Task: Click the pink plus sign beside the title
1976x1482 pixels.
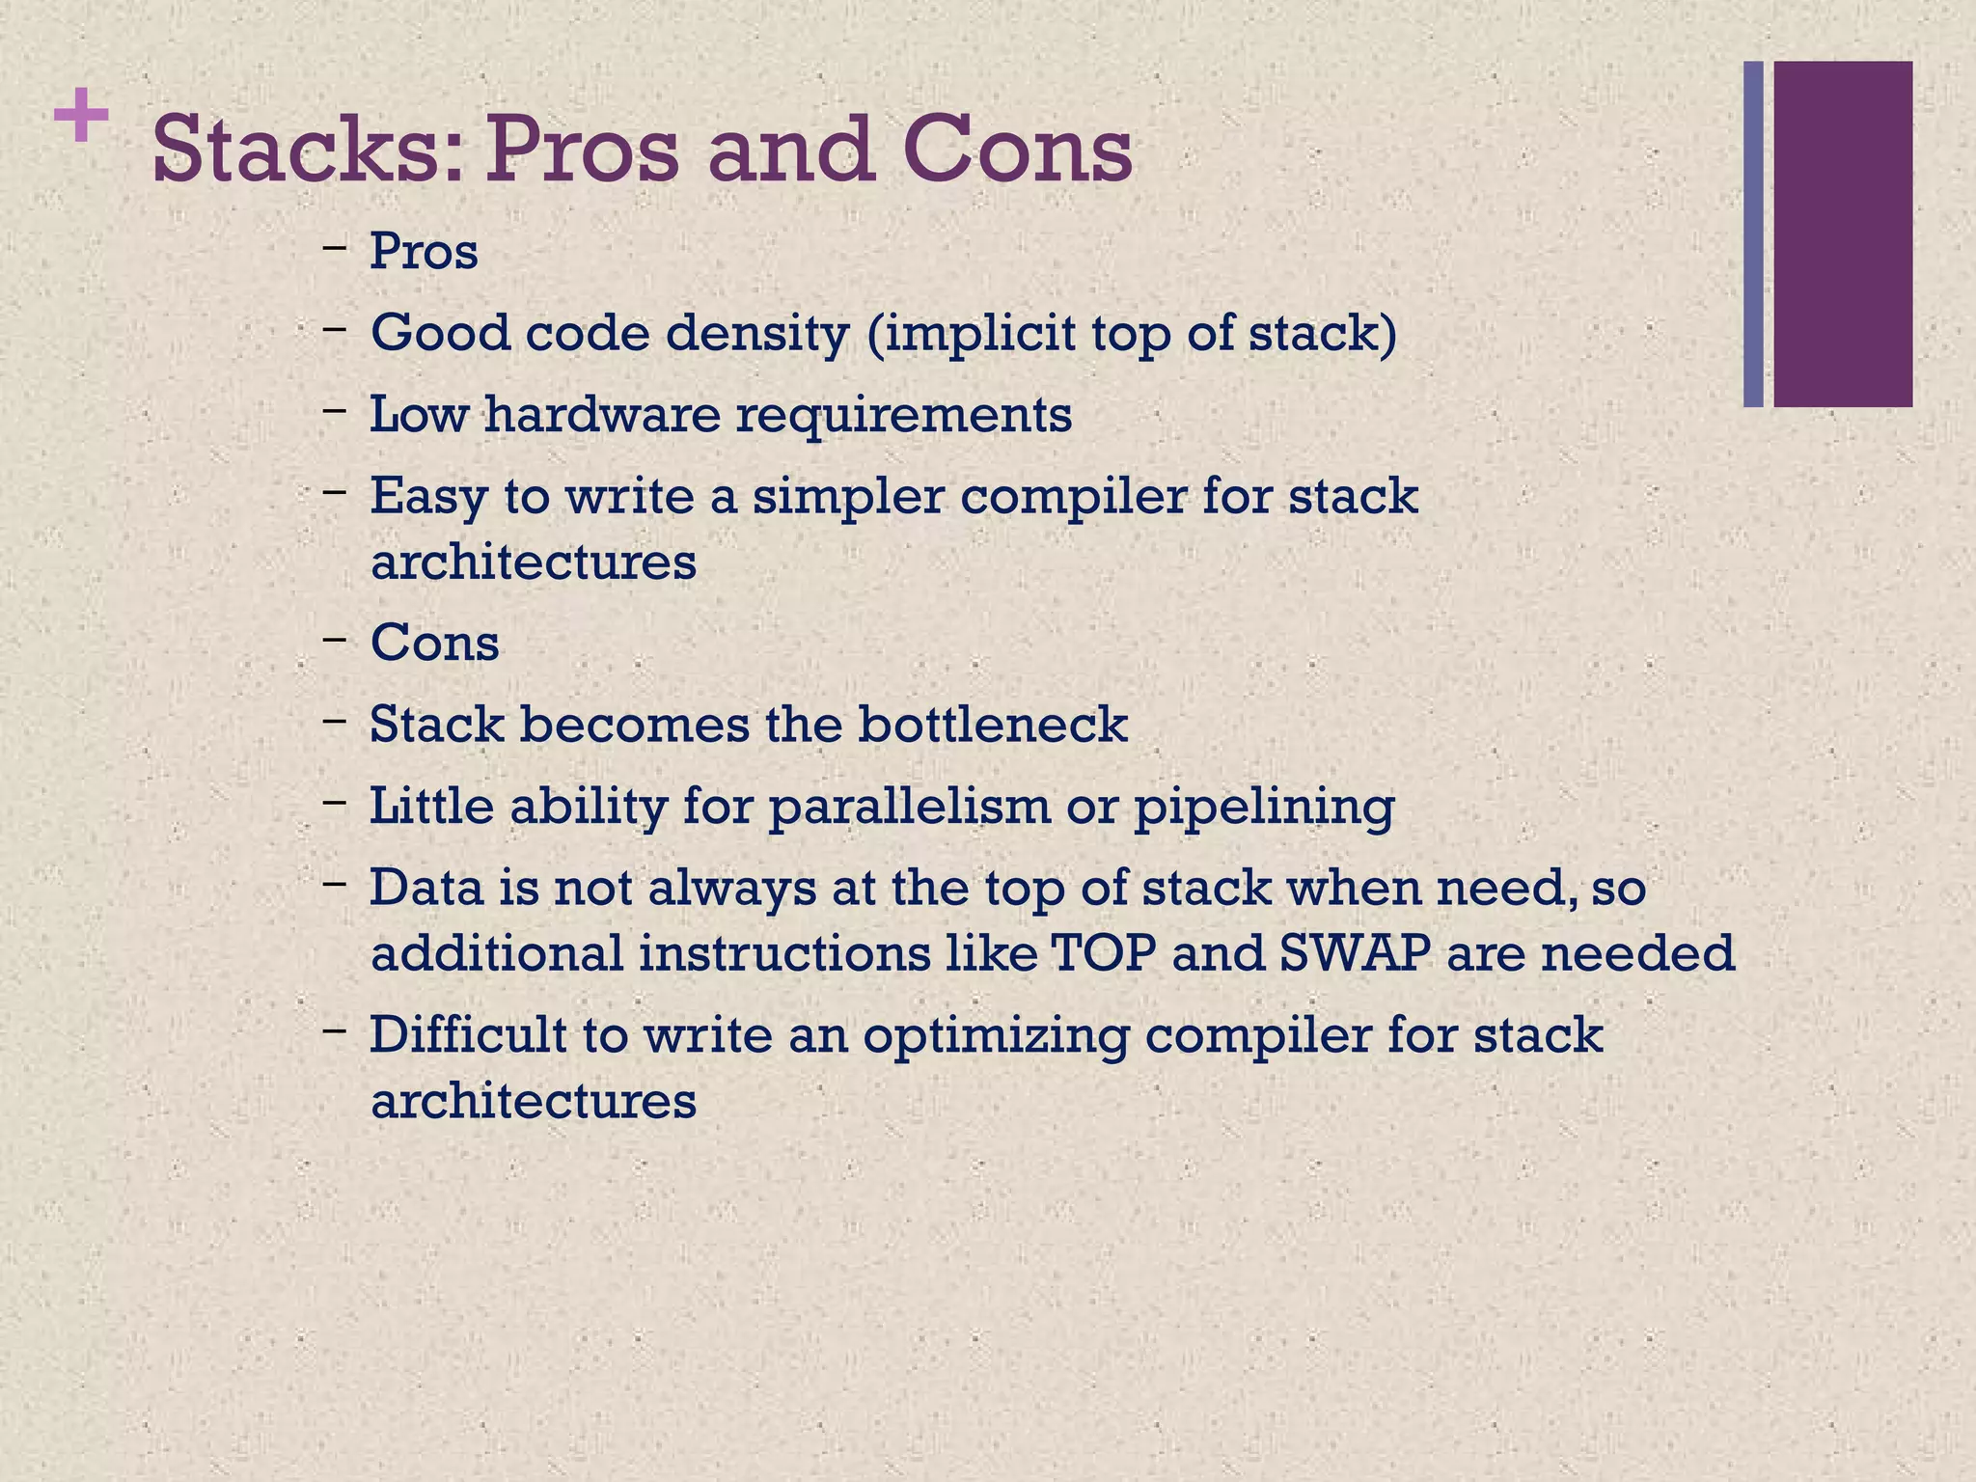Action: pos(81,116)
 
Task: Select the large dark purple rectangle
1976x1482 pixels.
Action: pos(1843,234)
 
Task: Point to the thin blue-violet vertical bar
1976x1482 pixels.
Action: pos(1753,234)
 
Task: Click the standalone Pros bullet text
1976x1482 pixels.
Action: pos(425,252)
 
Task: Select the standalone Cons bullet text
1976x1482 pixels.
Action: pos(435,643)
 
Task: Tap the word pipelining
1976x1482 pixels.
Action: pos(1264,808)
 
